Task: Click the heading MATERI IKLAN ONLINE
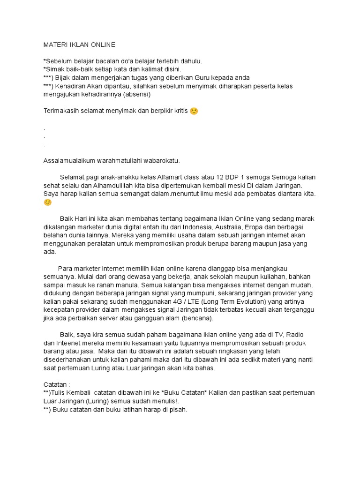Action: [79, 45]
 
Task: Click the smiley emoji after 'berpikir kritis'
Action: [194, 111]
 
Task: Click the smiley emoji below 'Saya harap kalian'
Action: [47, 202]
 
